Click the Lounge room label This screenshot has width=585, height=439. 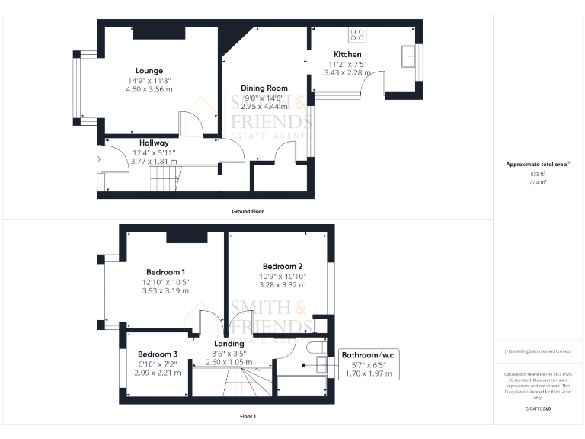point(149,71)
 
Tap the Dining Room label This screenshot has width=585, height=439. point(264,88)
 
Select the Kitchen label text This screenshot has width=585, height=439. point(347,55)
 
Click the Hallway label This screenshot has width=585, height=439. point(154,143)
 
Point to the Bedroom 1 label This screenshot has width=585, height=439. point(165,272)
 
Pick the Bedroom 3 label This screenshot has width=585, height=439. point(158,354)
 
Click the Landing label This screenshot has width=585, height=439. point(229,344)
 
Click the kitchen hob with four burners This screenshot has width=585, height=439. point(356,34)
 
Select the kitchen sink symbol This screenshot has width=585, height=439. point(410,56)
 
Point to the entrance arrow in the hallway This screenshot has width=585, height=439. point(97,159)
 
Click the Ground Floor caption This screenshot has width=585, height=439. point(248,210)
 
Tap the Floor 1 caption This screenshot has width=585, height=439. point(248,416)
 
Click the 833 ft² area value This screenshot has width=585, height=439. point(538,175)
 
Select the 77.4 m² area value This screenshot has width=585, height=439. point(538,183)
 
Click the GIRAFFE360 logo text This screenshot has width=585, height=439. point(538,410)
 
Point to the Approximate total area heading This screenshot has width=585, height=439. point(537,165)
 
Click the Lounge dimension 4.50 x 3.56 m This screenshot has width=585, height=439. point(149,89)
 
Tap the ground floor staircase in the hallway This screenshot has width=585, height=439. point(163,180)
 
